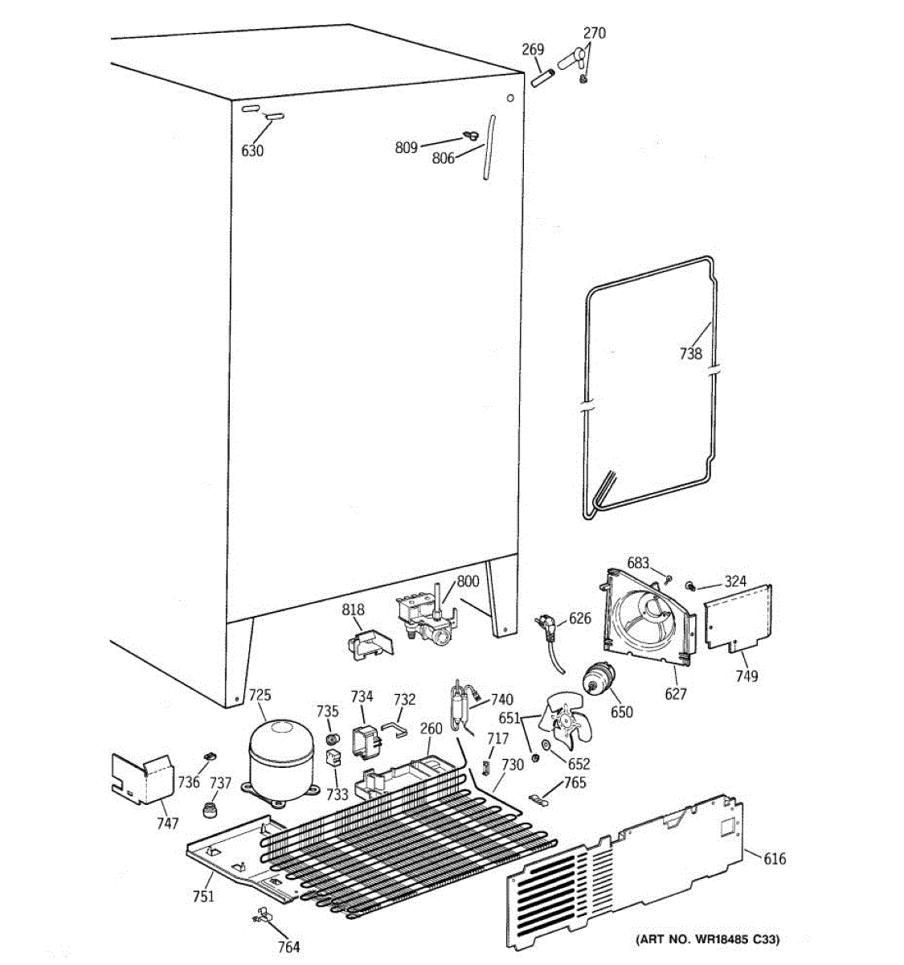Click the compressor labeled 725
(280, 759)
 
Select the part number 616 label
(774, 859)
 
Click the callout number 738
(690, 353)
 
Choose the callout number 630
(252, 150)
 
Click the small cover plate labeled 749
(738, 619)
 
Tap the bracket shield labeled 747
(141, 778)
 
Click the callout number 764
(288, 947)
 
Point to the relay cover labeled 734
(366, 741)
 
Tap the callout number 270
(595, 33)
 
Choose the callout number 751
(204, 896)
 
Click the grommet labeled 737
(212, 805)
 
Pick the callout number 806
(444, 158)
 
